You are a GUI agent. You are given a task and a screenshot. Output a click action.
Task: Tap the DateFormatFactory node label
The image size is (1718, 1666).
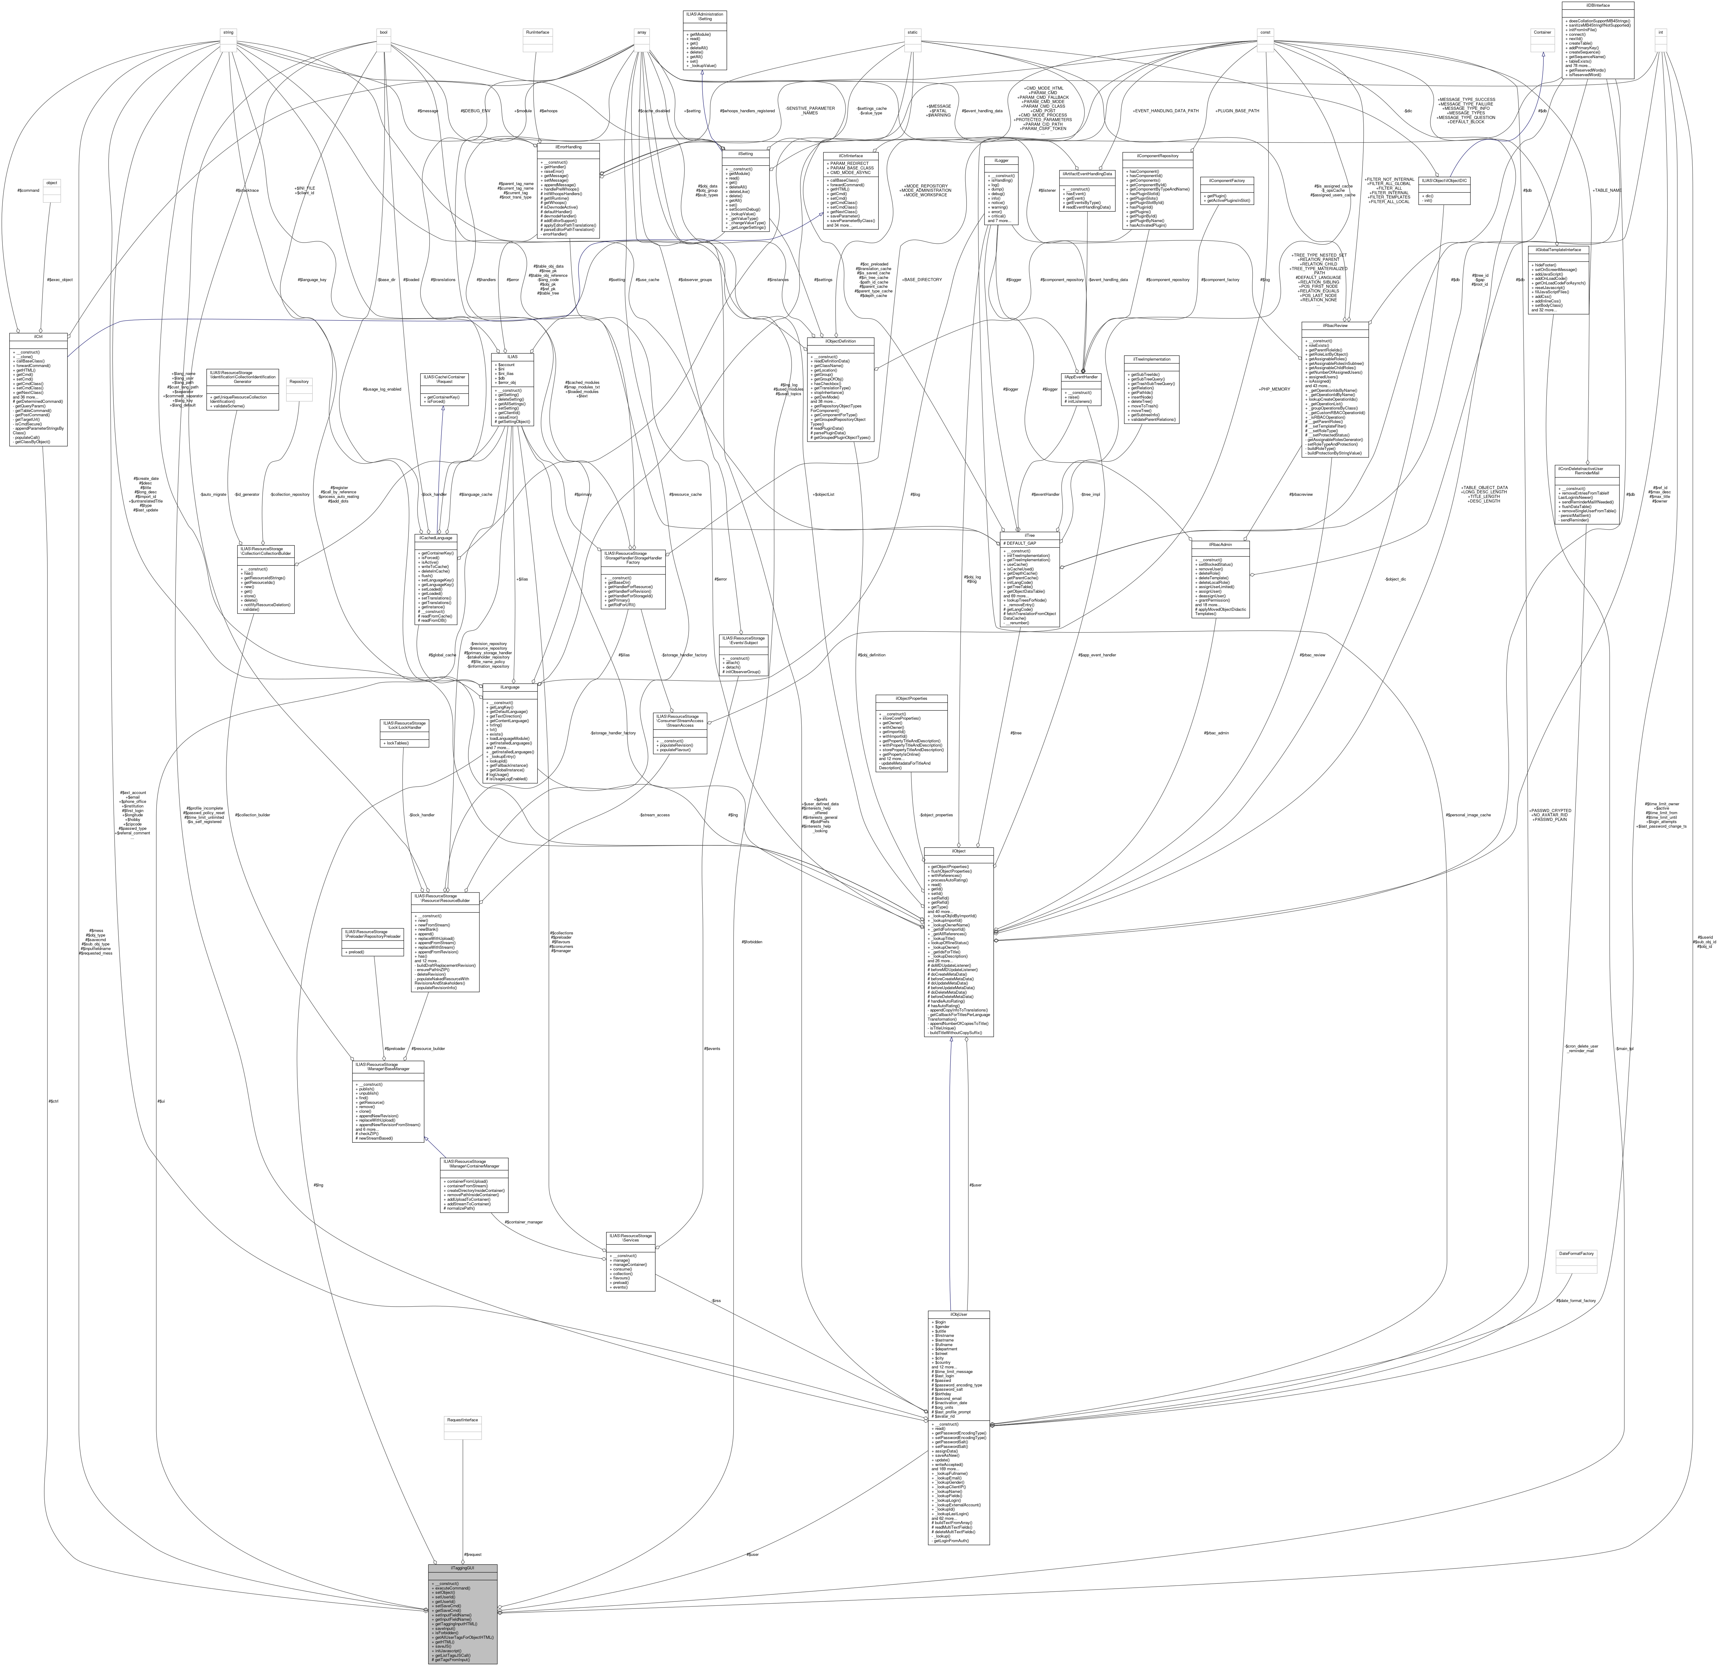[x=1575, y=1254]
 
